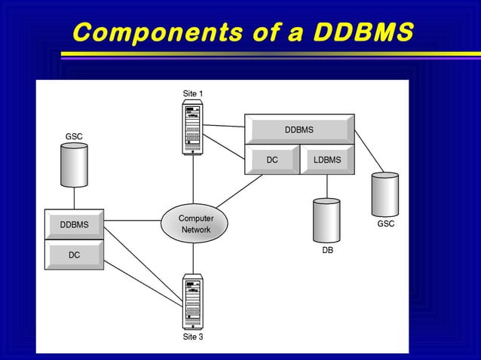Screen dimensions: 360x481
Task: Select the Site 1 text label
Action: [193, 93]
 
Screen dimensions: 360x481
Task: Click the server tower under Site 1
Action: [193, 128]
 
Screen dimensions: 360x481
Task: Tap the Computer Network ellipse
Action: [195, 224]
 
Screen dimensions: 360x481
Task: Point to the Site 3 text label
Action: [193, 337]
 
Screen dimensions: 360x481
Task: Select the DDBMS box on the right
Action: [299, 130]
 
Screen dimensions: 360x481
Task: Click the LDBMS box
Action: [327, 160]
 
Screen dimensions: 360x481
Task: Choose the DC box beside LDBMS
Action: [272, 160]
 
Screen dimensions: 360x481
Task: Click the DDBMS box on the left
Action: [74, 224]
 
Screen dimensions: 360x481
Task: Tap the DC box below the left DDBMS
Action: [74, 255]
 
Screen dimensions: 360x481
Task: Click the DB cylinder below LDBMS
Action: [326, 220]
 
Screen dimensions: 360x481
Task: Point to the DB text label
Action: [327, 250]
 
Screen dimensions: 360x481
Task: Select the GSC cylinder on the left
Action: [74, 166]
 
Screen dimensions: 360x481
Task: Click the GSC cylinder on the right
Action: [384, 194]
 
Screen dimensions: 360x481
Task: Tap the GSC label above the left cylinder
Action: [74, 136]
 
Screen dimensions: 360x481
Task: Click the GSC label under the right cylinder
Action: [385, 224]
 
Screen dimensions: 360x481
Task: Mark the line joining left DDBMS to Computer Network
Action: [132, 221]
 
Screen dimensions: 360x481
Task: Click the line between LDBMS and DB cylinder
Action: [326, 186]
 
